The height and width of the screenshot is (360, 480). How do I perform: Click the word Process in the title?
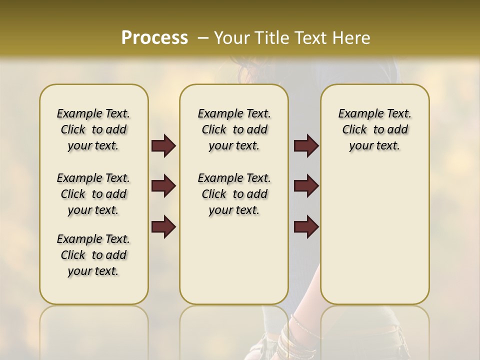coord(154,38)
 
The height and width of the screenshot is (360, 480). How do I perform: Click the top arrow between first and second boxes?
coord(163,146)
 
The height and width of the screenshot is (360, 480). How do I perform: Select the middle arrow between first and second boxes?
coord(163,186)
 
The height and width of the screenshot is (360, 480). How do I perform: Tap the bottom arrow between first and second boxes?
coord(163,227)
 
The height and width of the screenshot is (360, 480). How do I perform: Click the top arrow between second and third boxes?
coord(306,146)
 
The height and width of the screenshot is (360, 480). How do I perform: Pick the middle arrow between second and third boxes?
coord(306,186)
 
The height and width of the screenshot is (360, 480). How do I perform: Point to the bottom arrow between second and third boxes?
coord(306,227)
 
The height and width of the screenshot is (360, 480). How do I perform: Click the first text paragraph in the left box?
coord(93,129)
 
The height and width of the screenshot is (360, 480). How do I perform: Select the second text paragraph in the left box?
coord(93,194)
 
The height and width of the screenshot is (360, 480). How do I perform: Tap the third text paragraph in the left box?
coord(93,255)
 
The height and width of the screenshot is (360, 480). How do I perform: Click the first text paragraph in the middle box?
coord(234,129)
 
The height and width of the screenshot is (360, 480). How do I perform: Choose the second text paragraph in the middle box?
coord(234,194)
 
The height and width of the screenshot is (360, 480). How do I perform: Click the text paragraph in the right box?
coord(374,129)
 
